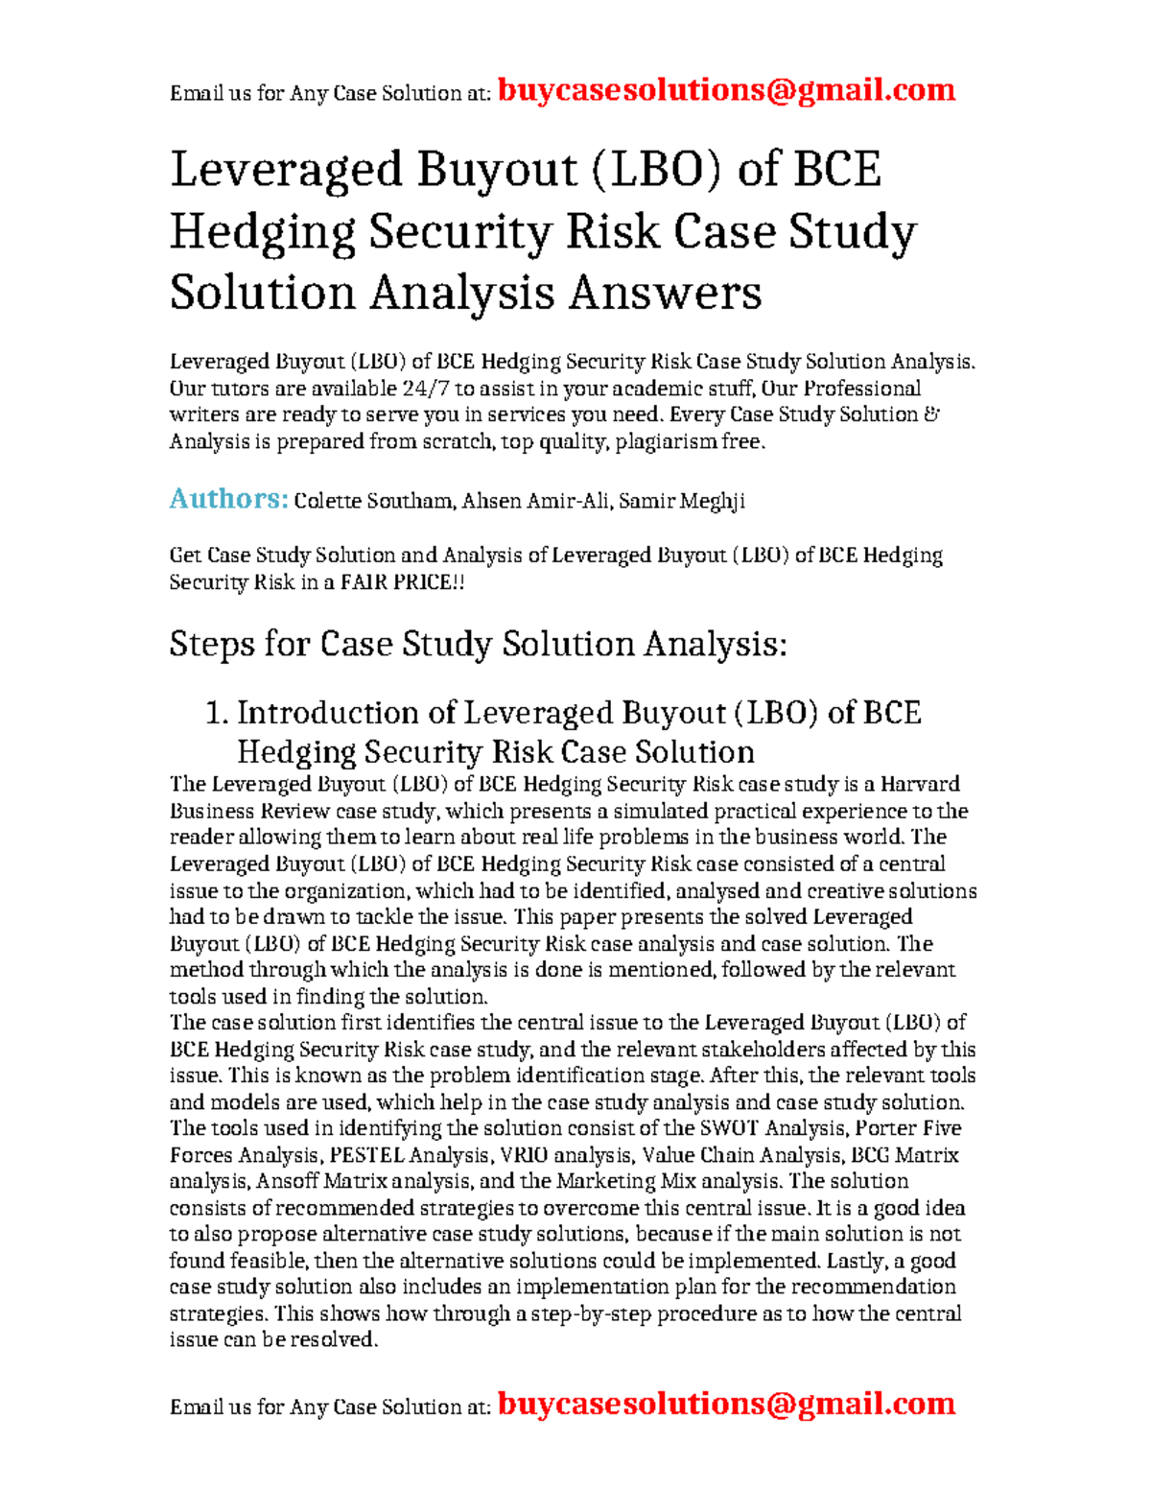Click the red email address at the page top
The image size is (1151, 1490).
coord(726,90)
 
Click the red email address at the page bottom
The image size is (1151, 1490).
coord(726,1404)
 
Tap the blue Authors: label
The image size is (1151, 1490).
coord(228,499)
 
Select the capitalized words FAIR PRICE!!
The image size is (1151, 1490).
coord(403,582)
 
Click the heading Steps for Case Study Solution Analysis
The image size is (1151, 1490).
coord(478,644)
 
